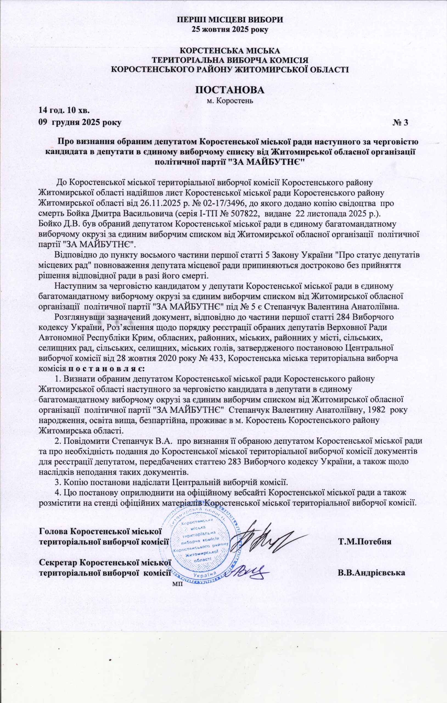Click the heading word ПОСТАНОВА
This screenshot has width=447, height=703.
click(x=230, y=90)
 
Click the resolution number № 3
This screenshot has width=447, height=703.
click(x=400, y=123)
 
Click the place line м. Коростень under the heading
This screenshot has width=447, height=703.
click(x=230, y=102)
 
